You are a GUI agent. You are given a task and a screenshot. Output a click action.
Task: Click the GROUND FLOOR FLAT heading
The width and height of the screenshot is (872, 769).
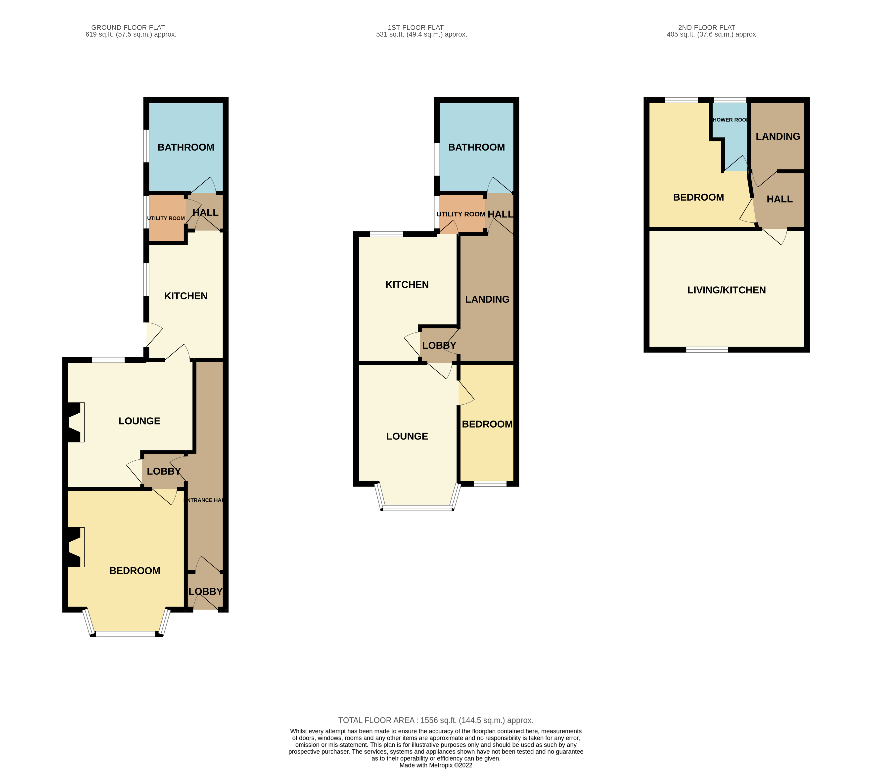128,27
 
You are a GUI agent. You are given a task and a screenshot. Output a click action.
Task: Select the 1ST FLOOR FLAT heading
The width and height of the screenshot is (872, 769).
415,27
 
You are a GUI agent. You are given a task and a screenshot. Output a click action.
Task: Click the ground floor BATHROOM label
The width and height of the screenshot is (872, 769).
185,147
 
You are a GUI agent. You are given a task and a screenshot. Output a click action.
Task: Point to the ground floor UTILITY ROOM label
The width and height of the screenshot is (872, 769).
166,218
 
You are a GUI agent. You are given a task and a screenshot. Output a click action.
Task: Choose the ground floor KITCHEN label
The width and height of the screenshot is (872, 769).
185,296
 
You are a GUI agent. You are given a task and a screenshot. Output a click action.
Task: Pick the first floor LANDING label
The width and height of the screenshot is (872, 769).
487,299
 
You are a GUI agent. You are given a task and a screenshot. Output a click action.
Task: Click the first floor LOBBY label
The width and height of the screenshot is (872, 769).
439,345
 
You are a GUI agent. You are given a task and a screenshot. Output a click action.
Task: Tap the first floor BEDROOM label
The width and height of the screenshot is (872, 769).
487,424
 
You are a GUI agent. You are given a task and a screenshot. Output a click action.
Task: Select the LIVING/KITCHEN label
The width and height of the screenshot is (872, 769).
727,290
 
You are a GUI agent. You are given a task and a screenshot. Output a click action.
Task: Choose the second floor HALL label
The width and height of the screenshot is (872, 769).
780,199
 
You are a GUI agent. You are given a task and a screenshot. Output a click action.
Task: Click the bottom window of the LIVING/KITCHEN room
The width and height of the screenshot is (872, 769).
707,350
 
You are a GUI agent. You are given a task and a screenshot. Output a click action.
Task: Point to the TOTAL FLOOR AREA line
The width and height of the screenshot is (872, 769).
436,720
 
